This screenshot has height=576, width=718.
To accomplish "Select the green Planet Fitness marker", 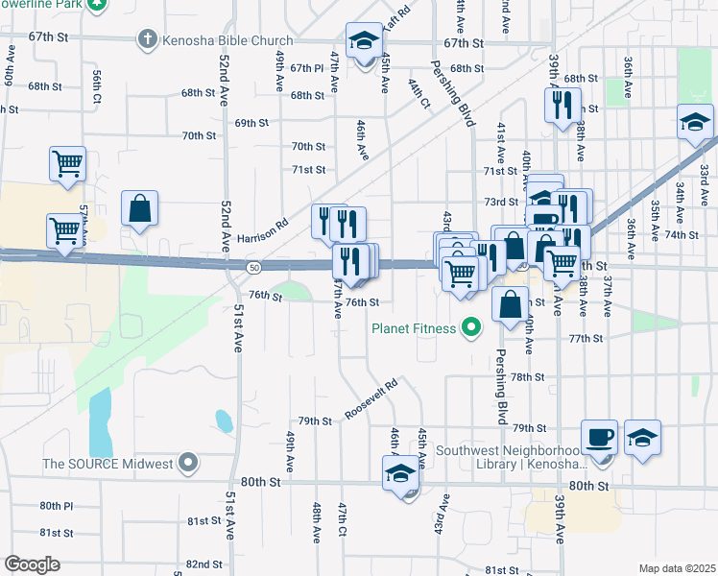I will click(x=470, y=328).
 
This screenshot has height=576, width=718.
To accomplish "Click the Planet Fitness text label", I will click(x=416, y=328).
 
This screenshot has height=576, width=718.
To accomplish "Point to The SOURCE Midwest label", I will click(x=107, y=465).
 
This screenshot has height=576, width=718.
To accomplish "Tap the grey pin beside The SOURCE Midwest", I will click(x=188, y=464).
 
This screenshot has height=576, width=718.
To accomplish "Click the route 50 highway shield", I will click(x=251, y=265).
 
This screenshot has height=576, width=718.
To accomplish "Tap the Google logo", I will click(x=33, y=564).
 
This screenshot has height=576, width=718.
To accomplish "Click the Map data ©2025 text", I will click(x=676, y=568).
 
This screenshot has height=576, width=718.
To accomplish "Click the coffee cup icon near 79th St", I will click(x=601, y=437).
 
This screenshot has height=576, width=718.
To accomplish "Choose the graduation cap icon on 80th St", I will click(x=401, y=473).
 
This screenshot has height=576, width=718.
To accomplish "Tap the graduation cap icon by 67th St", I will click(x=365, y=39).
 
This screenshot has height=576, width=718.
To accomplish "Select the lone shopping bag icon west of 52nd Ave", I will click(x=139, y=207).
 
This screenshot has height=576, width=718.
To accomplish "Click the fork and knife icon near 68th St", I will click(x=563, y=103).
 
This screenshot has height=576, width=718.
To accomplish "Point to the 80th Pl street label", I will click(x=56, y=506).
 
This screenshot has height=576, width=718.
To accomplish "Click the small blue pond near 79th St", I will click(x=223, y=420).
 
